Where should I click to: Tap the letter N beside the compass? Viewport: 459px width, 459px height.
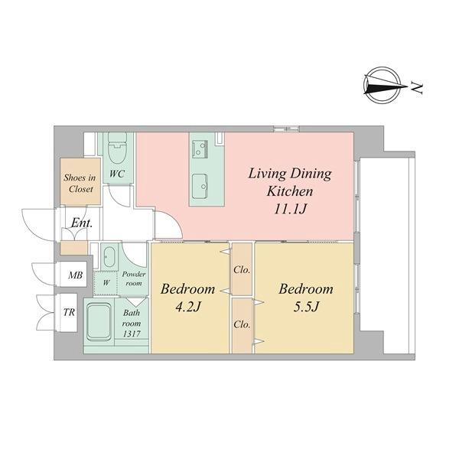tap(418, 87)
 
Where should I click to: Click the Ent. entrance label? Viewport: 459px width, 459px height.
tap(82, 223)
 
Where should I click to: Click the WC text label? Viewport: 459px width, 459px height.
tap(117, 174)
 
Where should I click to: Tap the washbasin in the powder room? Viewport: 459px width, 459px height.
tap(109, 256)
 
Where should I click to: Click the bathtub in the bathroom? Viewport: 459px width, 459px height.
tap(99, 323)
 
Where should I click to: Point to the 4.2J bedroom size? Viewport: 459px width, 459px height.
tap(187, 308)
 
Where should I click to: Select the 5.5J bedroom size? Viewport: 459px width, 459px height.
tap(305, 308)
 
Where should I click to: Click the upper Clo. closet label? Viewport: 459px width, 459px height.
tap(242, 270)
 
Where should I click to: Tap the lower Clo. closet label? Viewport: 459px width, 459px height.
tap(242, 324)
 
